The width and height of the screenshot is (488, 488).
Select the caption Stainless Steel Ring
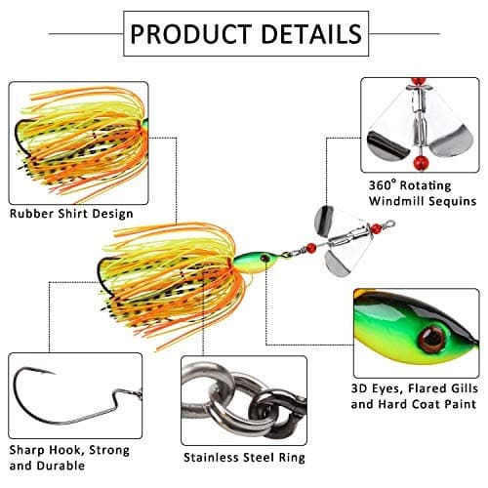[244, 457]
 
